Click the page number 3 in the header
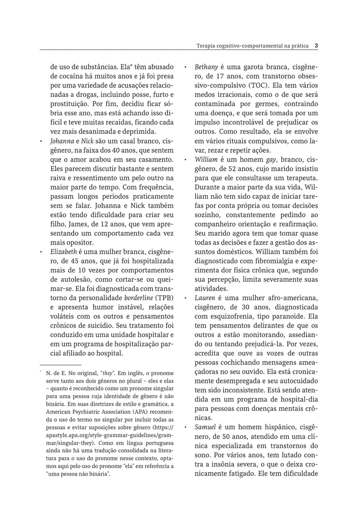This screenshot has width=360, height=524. point(316,45)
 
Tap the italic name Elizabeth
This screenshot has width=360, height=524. point(64,252)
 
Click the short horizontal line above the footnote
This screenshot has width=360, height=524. point(61,364)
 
